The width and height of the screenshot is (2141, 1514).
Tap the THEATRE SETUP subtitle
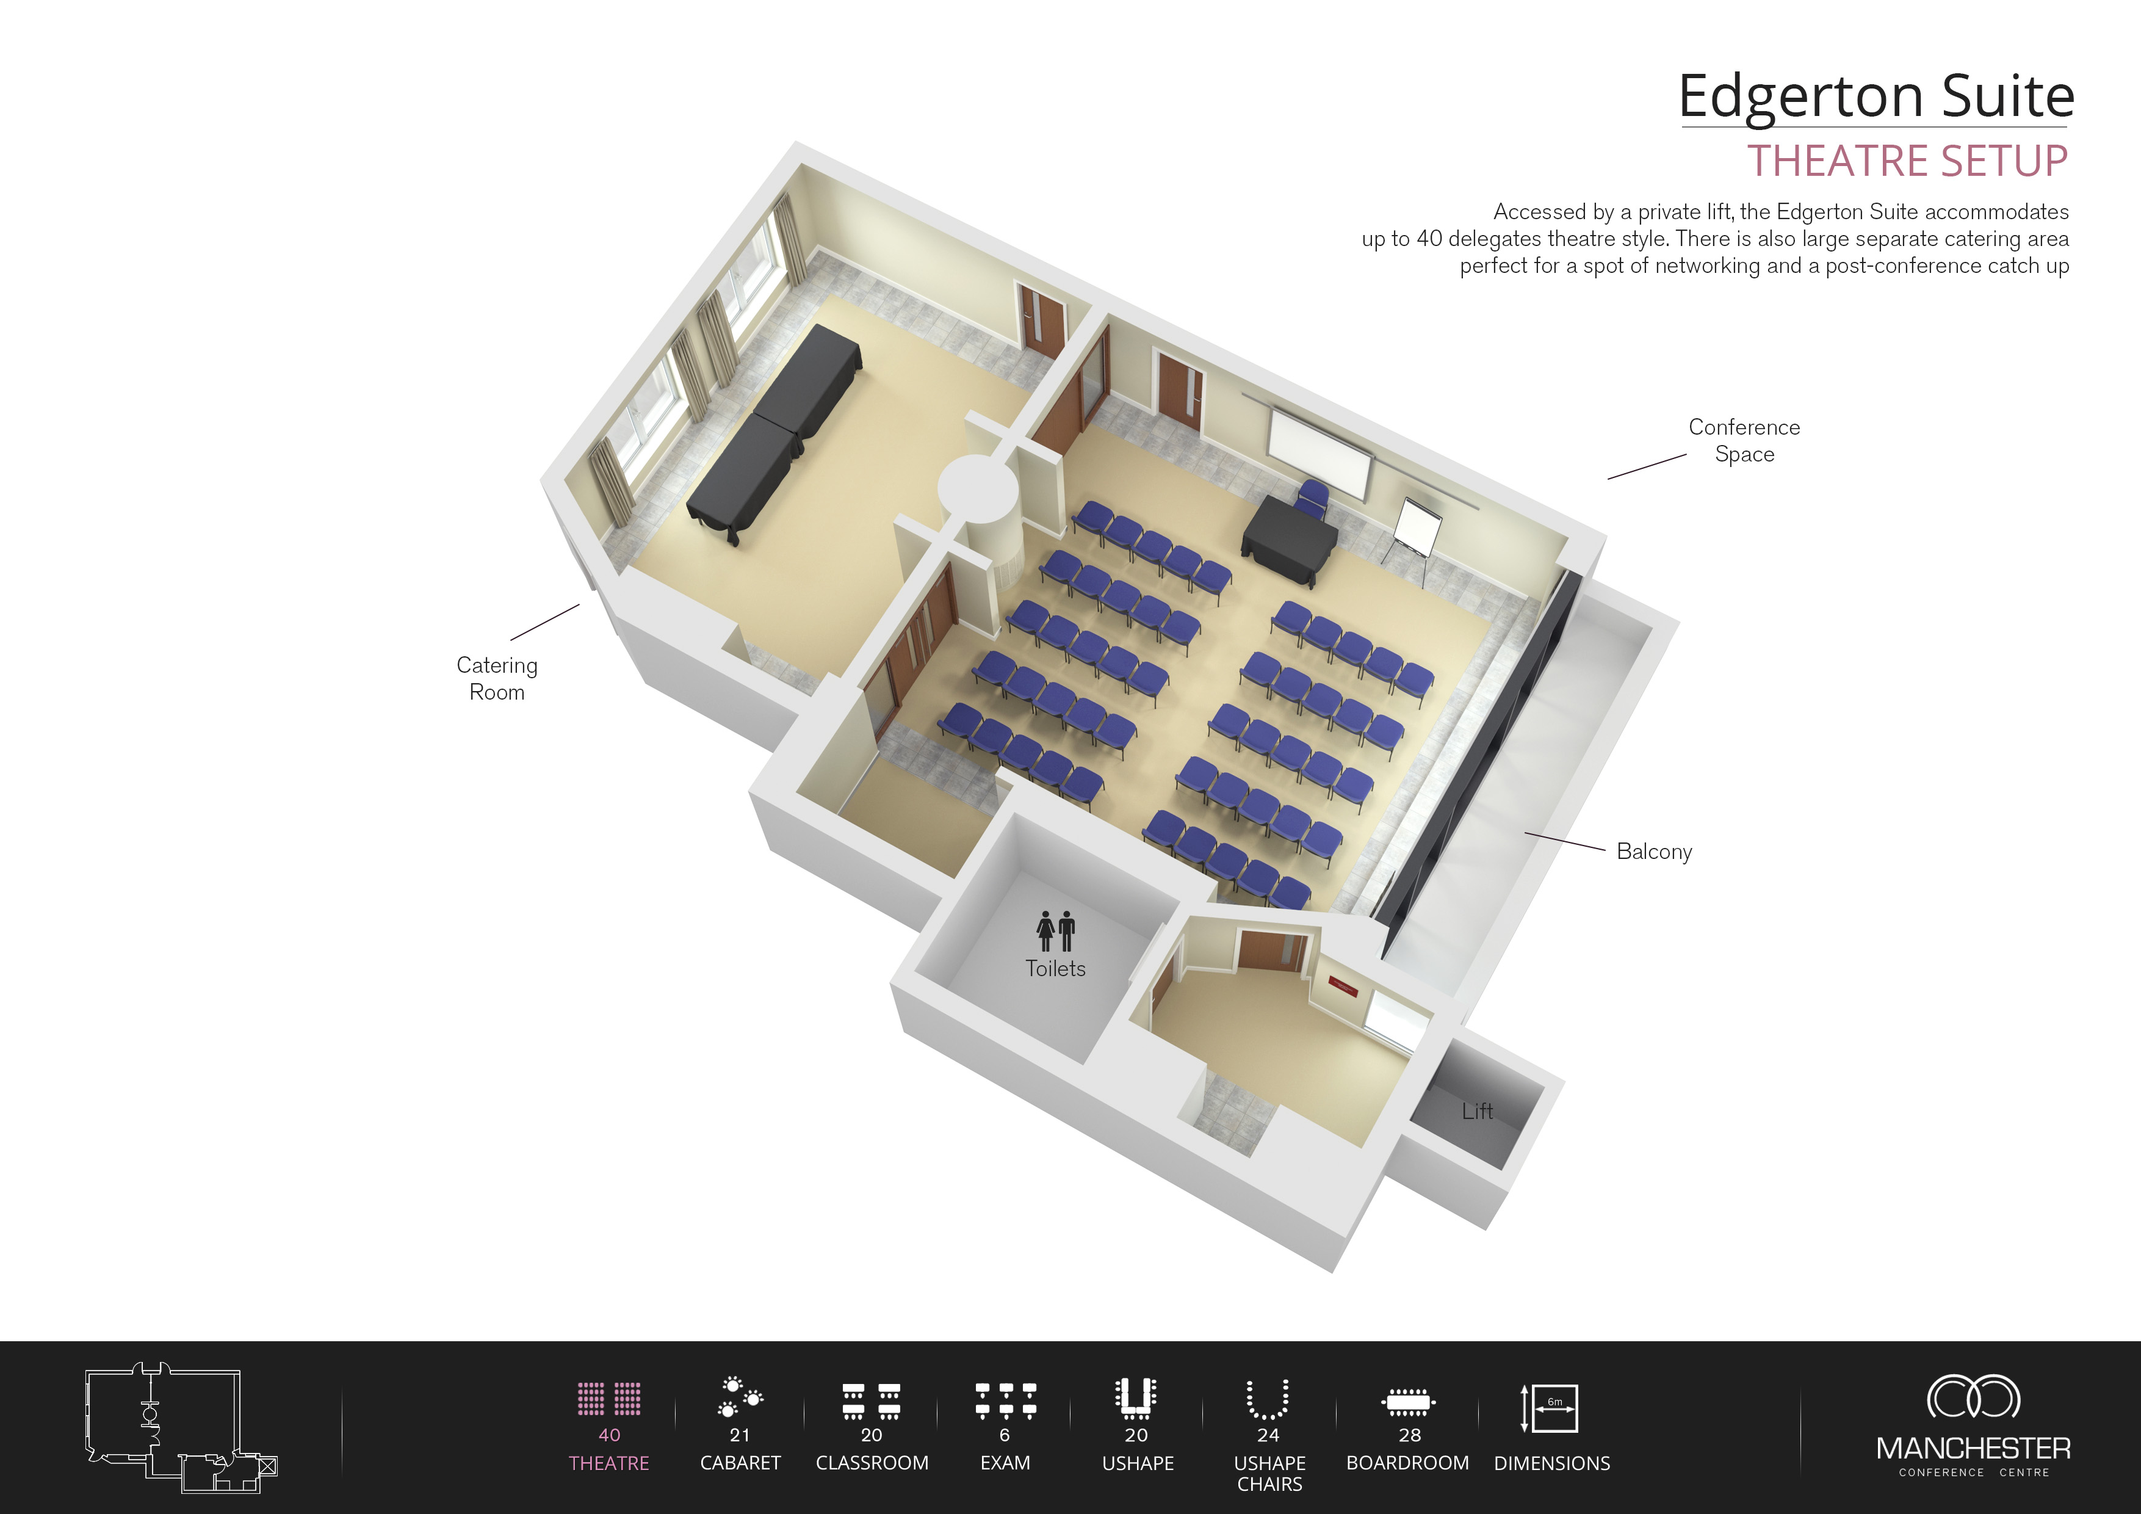coord(1907,161)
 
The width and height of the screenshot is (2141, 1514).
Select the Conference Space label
coord(1744,440)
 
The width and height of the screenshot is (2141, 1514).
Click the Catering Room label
coord(497,678)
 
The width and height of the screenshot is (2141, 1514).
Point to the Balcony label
coord(1653,852)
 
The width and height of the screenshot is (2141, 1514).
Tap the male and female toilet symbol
coord(1056,931)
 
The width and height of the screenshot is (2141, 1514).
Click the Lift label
coord(1476,1111)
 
